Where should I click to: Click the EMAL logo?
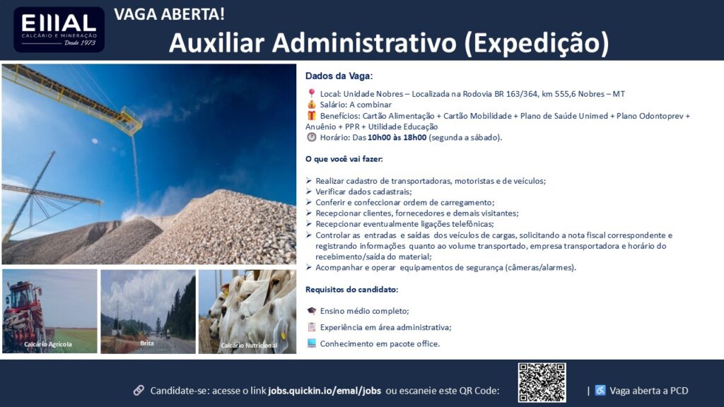[x=59, y=30]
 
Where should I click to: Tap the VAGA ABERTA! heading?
[x=170, y=14]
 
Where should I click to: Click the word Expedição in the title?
[x=536, y=43]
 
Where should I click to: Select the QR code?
[x=542, y=382]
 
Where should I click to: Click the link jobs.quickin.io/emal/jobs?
[x=325, y=391]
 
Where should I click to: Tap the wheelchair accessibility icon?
[x=600, y=390]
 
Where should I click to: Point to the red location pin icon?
[x=312, y=93]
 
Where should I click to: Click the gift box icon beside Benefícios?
[x=312, y=115]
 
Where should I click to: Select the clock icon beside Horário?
[x=312, y=137]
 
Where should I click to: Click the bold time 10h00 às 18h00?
[x=397, y=138]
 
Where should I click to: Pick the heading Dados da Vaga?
[x=339, y=76]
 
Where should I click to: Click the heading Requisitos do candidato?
[x=352, y=289]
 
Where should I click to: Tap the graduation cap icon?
[x=312, y=311]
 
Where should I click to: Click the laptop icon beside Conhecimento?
[x=312, y=343]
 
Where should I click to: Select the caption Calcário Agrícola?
[x=48, y=344]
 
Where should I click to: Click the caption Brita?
[x=147, y=343]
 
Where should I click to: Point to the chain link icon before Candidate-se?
[x=139, y=390]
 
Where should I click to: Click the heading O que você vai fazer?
[x=344, y=159]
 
